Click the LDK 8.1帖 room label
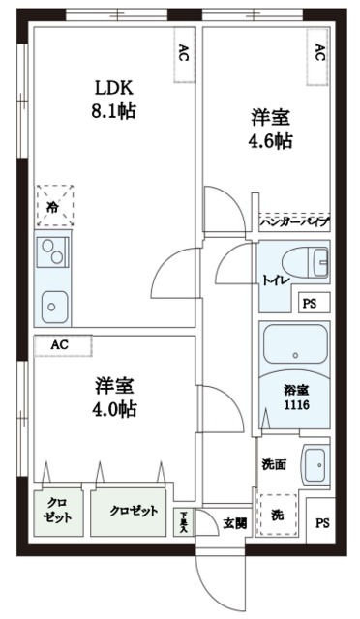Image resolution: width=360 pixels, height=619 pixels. pos(114,100)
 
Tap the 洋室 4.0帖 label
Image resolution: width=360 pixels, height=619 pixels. pos(114,396)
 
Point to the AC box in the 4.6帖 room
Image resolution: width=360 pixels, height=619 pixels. pos(318,55)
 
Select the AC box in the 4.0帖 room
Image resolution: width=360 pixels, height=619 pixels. pos(61,344)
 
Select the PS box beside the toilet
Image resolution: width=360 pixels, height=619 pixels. pos(310,304)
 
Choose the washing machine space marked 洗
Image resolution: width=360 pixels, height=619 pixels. pos(277,513)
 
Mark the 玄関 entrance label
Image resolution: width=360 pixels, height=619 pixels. pos(235,522)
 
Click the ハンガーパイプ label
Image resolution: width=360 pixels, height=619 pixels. pos(295,221)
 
